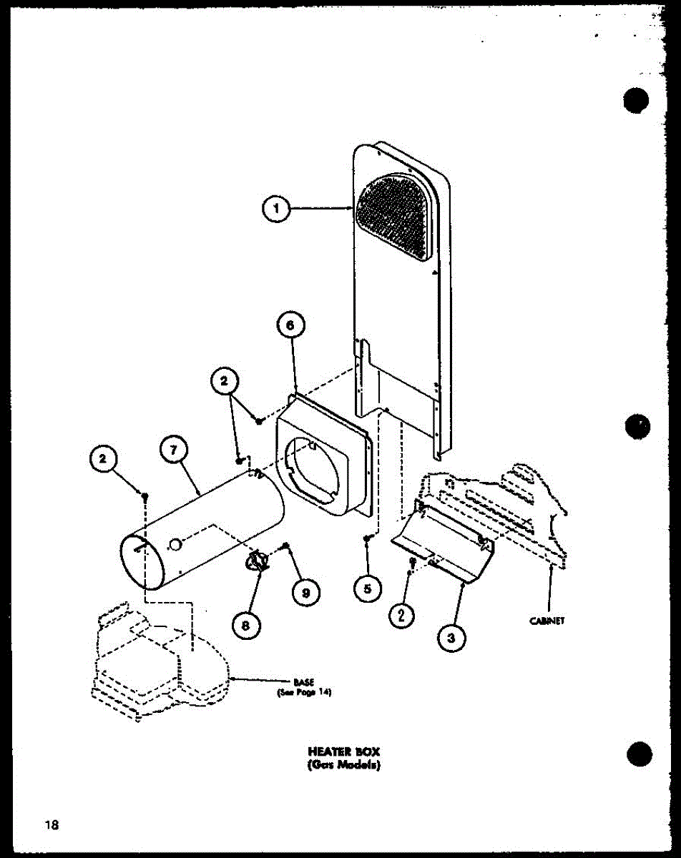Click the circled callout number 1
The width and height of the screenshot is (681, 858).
[x=275, y=209]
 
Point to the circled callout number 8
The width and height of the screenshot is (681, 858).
[x=245, y=623]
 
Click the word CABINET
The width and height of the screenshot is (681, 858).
[x=547, y=621]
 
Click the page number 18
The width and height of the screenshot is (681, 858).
[x=50, y=826]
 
